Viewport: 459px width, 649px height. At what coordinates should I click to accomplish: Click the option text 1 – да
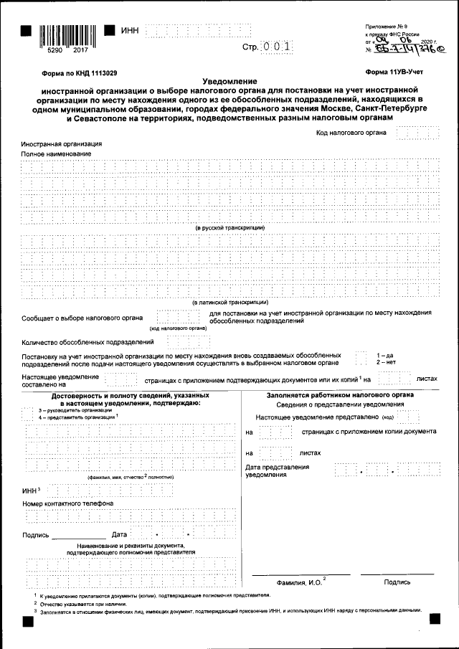point(384,355)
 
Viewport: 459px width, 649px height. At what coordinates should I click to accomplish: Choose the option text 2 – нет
point(386,362)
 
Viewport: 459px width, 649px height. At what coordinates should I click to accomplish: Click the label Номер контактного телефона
point(67,503)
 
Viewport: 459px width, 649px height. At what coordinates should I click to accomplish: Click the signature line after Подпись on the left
point(78,536)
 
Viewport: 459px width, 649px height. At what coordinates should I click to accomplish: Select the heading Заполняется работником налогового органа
point(340,395)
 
